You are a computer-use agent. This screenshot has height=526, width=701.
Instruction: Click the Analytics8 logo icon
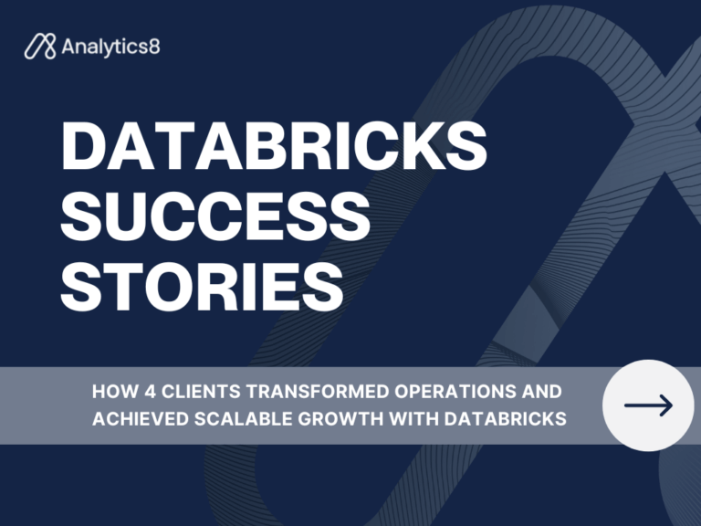pyautogui.click(x=40, y=47)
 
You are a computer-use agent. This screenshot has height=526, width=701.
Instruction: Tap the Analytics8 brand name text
pyautogui.click(x=110, y=47)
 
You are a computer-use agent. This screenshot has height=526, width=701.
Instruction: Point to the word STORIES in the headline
pyautogui.click(x=202, y=284)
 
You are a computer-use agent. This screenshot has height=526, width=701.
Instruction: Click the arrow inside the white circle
pyautogui.click(x=648, y=405)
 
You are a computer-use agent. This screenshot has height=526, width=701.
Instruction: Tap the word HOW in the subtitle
pyautogui.click(x=110, y=393)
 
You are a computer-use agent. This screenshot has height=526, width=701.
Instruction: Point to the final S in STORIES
pyautogui.click(x=323, y=284)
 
